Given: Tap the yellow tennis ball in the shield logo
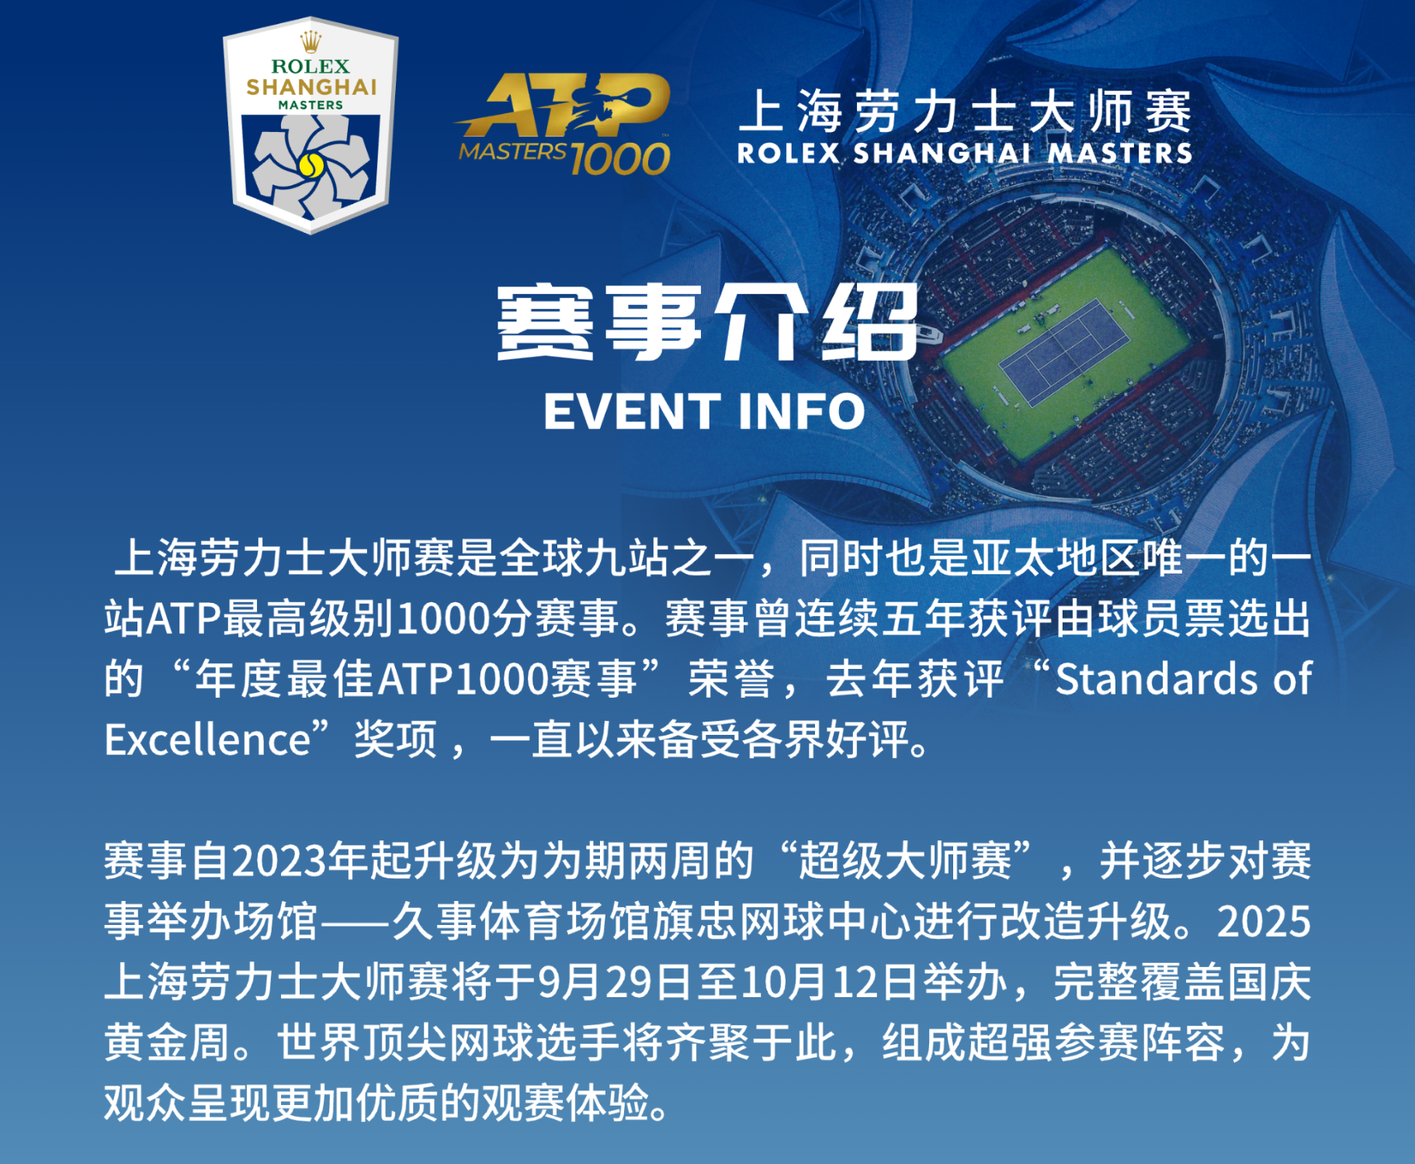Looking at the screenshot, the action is coord(310,165).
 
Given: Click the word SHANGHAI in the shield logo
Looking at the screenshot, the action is coord(311,86).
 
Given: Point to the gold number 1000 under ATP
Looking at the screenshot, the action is coord(620,158).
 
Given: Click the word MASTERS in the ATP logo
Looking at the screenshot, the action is coord(513,151).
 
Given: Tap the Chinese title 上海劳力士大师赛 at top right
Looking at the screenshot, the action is coord(964,112).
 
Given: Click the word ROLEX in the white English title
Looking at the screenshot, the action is coord(789,153).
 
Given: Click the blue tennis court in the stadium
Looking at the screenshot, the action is coord(1063,352).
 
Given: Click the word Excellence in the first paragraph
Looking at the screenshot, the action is coord(208,740).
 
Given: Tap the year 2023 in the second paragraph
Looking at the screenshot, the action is coord(279,861).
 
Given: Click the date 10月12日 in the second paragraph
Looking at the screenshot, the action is coord(831,982).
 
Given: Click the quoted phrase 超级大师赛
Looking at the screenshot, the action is coord(905,861).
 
